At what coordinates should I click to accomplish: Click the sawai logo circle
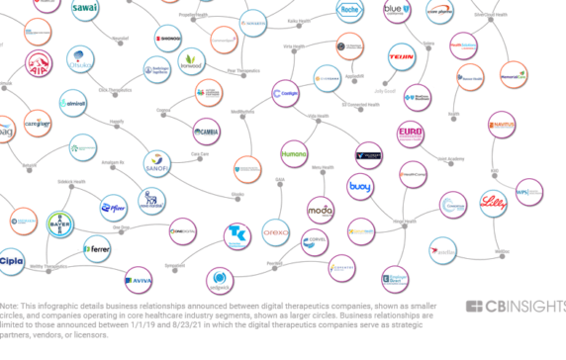point(86,8)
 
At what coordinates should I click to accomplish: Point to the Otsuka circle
point(82,61)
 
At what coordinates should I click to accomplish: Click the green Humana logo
point(295,155)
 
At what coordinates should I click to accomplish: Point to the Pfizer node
point(115,208)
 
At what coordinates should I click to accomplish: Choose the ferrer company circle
point(97,249)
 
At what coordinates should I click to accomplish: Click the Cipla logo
point(12,262)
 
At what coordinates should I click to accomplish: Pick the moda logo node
point(320,212)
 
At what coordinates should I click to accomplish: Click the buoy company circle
point(360,187)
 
